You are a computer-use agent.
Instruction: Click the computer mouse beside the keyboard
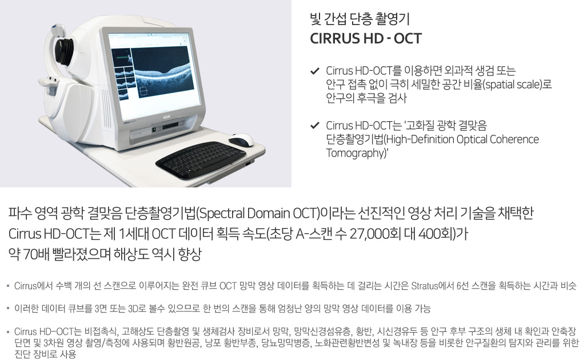[x=241, y=140]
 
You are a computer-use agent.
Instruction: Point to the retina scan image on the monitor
[x=162, y=73]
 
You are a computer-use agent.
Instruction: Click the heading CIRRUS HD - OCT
[x=366, y=38]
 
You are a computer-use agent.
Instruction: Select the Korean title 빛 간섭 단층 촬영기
[x=360, y=19]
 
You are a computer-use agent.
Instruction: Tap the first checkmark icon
[x=315, y=71]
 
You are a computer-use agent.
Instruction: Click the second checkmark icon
[x=315, y=125]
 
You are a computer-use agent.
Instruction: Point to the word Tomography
[x=357, y=153]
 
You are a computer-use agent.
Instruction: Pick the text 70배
[x=37, y=255]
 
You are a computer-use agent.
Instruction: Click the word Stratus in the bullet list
[x=425, y=286]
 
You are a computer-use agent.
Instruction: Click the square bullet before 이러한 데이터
[x=8, y=309]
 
